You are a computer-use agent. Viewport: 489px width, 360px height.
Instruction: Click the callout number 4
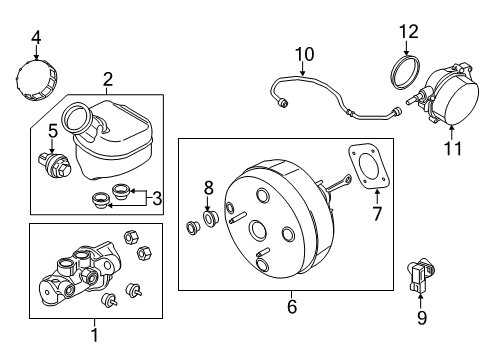coord(36,38)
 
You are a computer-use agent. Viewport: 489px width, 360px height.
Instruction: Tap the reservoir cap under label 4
coord(37,80)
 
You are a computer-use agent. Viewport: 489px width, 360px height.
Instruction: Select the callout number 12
coord(409,32)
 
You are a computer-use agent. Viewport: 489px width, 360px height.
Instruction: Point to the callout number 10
coord(304,54)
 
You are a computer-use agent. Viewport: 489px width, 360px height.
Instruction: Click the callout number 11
coord(453,148)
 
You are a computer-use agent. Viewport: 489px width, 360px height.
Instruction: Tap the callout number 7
coord(377,214)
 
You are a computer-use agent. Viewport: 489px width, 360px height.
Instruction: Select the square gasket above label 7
coord(369,166)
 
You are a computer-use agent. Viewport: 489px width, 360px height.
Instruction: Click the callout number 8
coord(209,188)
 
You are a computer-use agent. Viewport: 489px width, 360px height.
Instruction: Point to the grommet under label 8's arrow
coord(210,219)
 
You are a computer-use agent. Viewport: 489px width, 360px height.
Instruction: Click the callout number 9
coord(422,318)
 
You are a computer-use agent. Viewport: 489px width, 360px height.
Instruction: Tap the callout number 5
coord(53,131)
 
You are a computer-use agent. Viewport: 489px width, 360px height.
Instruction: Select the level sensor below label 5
coord(55,165)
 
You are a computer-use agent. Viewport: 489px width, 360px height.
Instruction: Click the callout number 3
coord(157,198)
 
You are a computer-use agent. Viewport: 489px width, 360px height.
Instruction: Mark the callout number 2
coord(107,80)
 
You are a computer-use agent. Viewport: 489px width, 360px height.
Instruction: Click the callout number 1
coord(95,335)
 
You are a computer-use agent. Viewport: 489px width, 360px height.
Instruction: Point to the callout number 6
coord(292,306)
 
